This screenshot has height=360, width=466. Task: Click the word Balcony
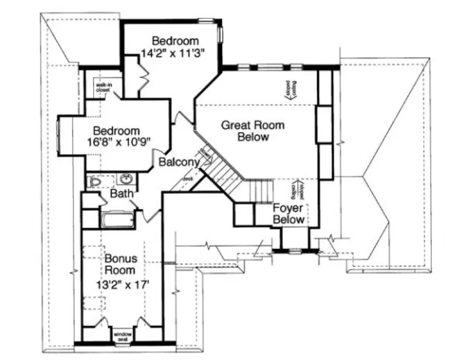179,162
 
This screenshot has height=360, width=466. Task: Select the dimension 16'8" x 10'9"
116,142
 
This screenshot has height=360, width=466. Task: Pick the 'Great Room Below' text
253,131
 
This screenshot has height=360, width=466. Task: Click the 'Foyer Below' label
288,214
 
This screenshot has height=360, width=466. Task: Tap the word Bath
122,194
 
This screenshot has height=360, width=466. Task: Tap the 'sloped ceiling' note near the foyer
299,190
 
